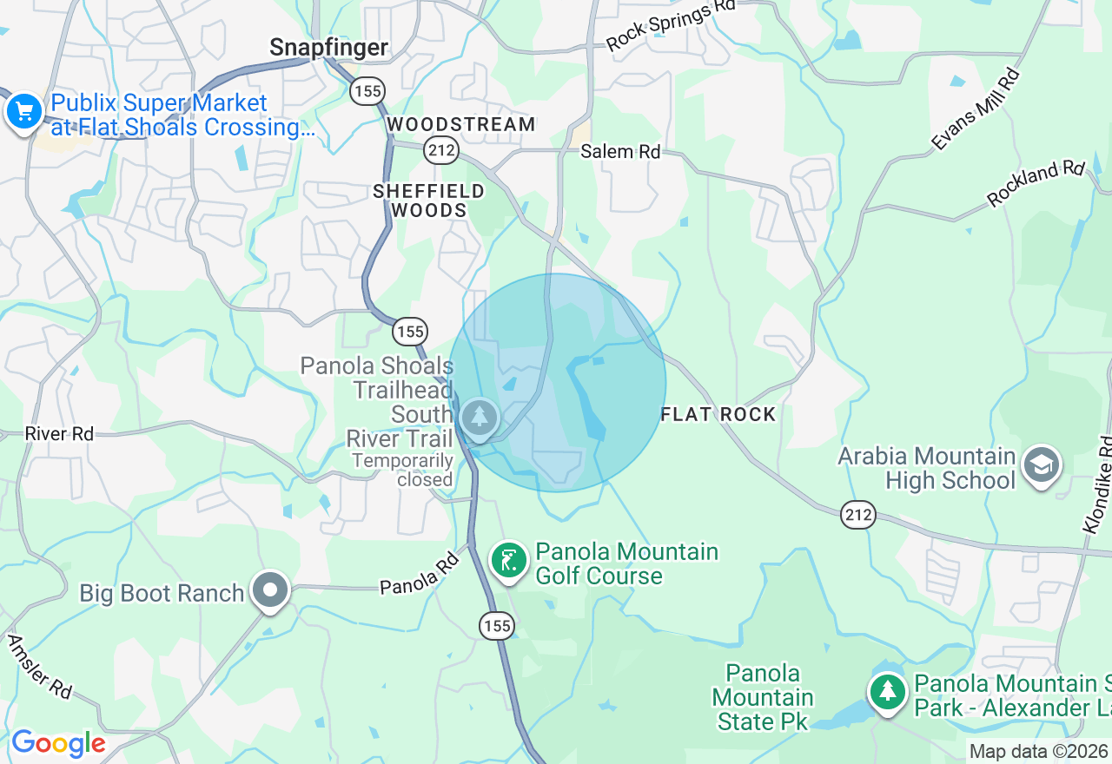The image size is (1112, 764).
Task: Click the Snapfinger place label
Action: click(328, 47)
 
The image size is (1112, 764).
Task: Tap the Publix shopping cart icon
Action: click(24, 112)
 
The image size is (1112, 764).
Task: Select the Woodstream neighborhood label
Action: click(461, 124)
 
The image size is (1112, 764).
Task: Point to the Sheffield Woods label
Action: click(428, 200)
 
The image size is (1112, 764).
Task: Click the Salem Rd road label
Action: click(620, 151)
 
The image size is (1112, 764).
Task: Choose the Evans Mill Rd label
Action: click(976, 109)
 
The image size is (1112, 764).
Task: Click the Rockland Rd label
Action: click(1036, 184)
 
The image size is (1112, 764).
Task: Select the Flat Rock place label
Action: click(718, 414)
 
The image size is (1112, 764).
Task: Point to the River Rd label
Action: click(59, 433)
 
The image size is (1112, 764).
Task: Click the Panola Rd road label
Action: click(419, 576)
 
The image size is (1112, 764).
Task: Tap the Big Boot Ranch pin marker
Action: click(270, 591)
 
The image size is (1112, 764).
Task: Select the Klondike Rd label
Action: click(1098, 484)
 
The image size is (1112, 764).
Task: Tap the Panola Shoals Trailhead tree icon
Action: click(479, 418)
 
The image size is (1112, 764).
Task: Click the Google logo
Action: click(58, 744)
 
